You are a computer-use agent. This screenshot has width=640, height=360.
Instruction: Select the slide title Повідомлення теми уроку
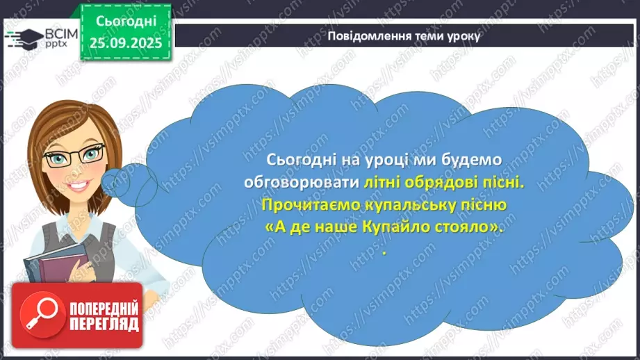(403, 37)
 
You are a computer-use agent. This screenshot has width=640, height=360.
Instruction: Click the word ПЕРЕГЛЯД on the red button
(103, 324)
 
